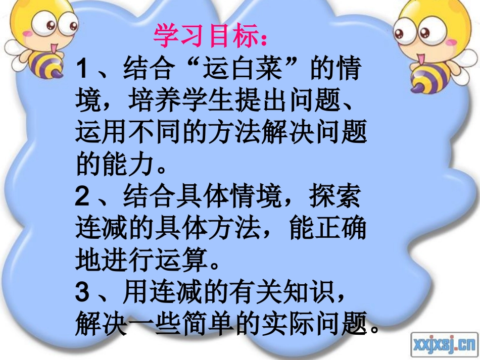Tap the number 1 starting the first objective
pyautogui.click(x=83, y=69)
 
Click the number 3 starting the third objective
pyautogui.click(x=83, y=291)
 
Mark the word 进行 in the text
pyautogui.click(x=134, y=261)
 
